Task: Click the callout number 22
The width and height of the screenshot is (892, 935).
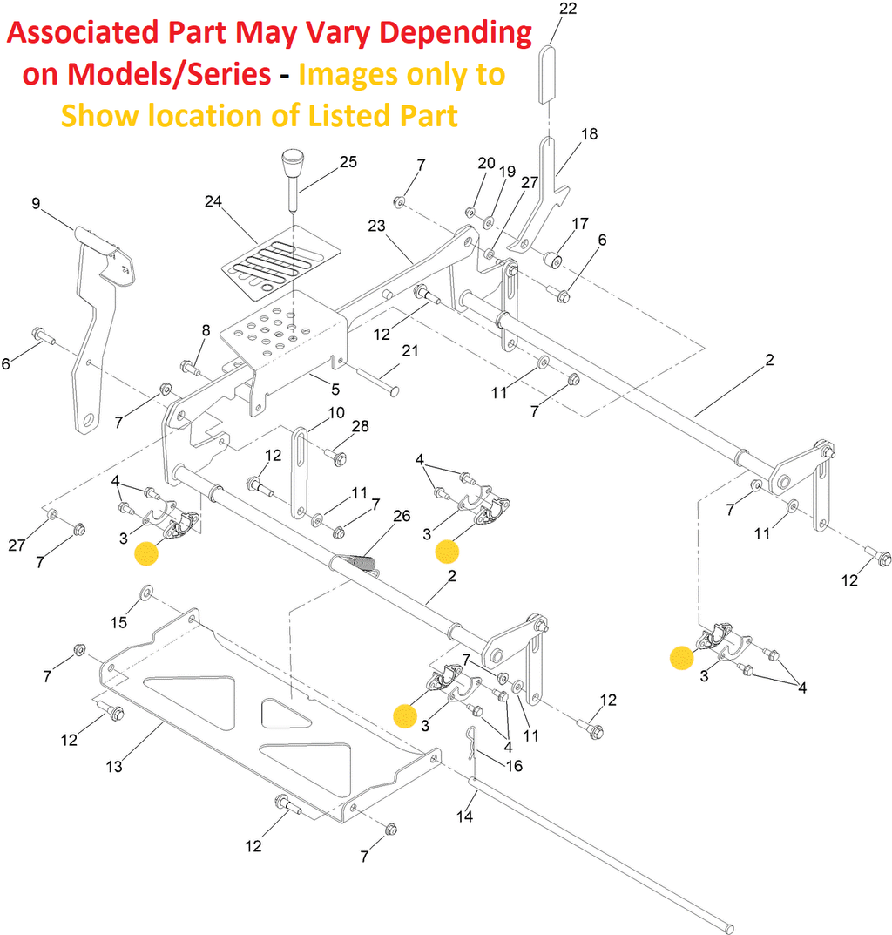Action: [x=567, y=10]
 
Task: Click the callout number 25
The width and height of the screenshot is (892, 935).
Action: [x=323, y=162]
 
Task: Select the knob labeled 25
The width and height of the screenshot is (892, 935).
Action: [x=291, y=166]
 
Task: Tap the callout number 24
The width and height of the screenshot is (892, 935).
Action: [x=213, y=202]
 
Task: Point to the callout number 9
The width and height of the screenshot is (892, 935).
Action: [x=36, y=204]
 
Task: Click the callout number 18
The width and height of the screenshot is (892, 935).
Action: [x=590, y=134]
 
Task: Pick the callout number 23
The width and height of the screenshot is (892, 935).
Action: [x=376, y=226]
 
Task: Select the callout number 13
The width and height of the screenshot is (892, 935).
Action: [x=114, y=767]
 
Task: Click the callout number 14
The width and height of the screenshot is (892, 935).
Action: [x=466, y=816]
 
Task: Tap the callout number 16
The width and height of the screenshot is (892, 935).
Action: [x=514, y=766]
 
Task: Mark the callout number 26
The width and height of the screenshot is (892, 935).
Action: [x=402, y=516]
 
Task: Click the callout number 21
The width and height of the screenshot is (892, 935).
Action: [x=409, y=351]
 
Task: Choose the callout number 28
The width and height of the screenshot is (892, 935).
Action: [x=360, y=426]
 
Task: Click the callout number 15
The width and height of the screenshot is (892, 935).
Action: [x=118, y=621]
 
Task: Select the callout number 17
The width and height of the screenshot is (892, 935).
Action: [x=580, y=223]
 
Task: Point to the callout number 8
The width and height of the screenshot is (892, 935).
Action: [x=206, y=330]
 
